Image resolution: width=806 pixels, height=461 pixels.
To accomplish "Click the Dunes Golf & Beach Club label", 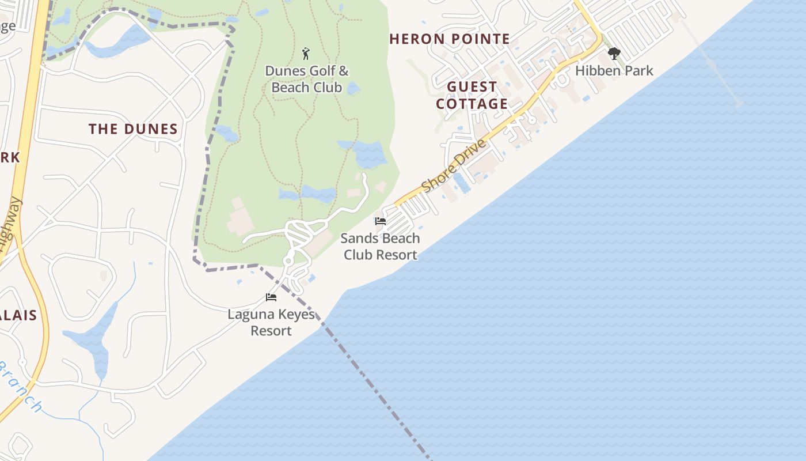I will point(307,80).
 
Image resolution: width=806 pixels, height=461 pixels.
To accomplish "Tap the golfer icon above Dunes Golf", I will point(306,54).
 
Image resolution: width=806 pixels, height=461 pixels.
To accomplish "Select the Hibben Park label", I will point(614,71).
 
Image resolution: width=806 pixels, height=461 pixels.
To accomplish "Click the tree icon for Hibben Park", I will point(614,54).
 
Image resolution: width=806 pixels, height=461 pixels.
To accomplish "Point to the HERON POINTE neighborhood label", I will point(450,39).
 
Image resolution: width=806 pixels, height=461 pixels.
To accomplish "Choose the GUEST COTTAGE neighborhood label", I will point(472,96).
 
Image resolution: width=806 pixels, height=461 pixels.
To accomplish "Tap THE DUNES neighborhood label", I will point(133,129).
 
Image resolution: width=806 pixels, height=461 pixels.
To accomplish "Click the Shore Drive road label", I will point(454,166).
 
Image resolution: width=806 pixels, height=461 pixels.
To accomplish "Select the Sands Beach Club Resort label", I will point(380,247).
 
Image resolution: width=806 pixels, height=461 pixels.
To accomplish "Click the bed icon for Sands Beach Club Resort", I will point(380,221).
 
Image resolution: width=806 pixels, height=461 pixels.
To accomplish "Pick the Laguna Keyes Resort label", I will point(271,323).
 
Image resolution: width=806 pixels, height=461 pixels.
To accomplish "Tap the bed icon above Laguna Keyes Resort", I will point(271,297).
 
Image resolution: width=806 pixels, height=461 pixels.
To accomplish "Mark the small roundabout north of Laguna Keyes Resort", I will point(288,261).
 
